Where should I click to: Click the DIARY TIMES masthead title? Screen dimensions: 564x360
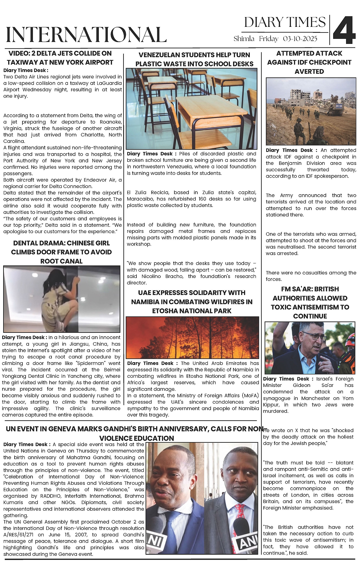pos(285,22)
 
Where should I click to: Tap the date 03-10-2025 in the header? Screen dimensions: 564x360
pos(300,39)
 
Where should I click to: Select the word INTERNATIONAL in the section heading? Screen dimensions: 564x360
pos(86,34)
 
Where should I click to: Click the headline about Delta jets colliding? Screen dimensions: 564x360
pos(60,58)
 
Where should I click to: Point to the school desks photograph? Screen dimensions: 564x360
pos(191,109)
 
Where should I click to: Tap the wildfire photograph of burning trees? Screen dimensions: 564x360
pos(192,337)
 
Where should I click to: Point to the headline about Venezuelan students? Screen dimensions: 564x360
pos(194,59)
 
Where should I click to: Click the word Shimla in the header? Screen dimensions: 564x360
pos(244,39)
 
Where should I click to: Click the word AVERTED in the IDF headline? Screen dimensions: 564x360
pos(309,72)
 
